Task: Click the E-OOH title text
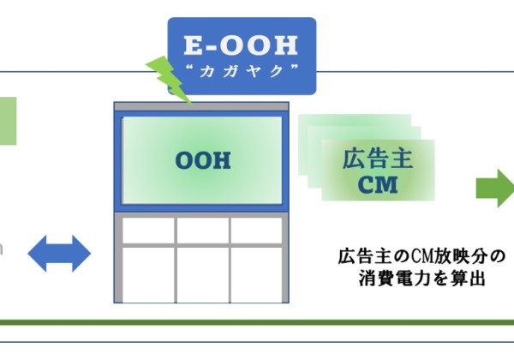[x=241, y=45]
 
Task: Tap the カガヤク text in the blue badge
[x=242, y=71]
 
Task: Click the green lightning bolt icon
[x=169, y=80]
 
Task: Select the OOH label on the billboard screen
[x=203, y=160]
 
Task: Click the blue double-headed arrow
[x=59, y=254]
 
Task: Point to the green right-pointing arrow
[x=495, y=189]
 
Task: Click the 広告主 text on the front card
[x=378, y=159]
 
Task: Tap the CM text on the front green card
[x=378, y=184]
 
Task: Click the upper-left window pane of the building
[x=148, y=231]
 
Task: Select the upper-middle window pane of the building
[x=203, y=231]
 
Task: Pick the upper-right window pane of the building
[x=256, y=231]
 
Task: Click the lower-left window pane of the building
[x=148, y=275]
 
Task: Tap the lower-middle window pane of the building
[x=203, y=275]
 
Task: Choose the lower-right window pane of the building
[x=256, y=275]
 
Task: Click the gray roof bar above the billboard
[x=201, y=106]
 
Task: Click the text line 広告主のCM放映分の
[x=421, y=256]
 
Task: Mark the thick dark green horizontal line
[x=257, y=322]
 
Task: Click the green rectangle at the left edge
[x=9, y=121]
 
